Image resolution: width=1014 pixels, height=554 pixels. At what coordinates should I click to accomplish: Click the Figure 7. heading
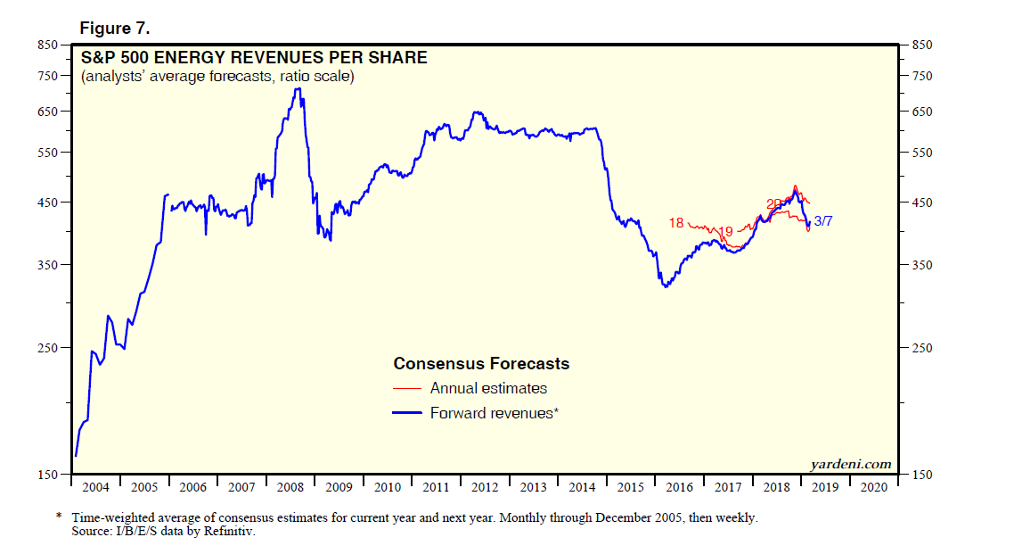(x=115, y=29)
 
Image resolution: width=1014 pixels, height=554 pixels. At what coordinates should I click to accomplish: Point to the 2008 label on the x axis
(x=290, y=488)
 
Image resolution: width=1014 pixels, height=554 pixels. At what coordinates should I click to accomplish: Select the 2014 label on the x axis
(x=582, y=488)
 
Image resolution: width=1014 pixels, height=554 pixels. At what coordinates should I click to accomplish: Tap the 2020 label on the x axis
(x=873, y=488)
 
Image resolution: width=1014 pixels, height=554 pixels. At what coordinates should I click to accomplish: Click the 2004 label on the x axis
(x=95, y=488)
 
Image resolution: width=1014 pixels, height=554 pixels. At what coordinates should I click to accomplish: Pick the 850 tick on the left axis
(x=46, y=45)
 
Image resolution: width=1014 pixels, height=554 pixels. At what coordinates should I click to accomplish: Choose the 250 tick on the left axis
(x=46, y=348)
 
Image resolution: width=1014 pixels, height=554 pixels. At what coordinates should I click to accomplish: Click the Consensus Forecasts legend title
(x=481, y=364)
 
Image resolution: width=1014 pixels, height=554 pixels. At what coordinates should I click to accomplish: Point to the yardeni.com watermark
(x=850, y=463)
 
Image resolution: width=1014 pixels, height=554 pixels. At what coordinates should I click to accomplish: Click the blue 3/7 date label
(x=823, y=221)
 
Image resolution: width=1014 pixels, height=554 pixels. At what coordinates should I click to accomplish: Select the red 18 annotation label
(x=676, y=223)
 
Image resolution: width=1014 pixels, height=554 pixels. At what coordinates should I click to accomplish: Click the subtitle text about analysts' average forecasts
(x=218, y=78)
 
